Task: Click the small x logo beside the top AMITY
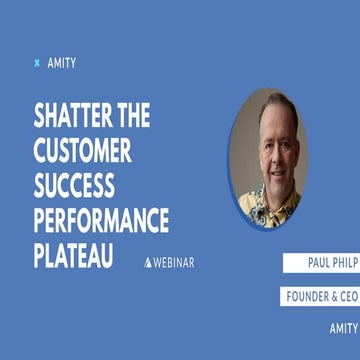click(x=37, y=62)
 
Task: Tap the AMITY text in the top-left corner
click(x=61, y=62)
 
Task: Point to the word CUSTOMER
click(x=84, y=151)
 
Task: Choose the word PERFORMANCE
click(x=101, y=220)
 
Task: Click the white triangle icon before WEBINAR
click(x=148, y=262)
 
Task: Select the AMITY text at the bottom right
click(x=344, y=327)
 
